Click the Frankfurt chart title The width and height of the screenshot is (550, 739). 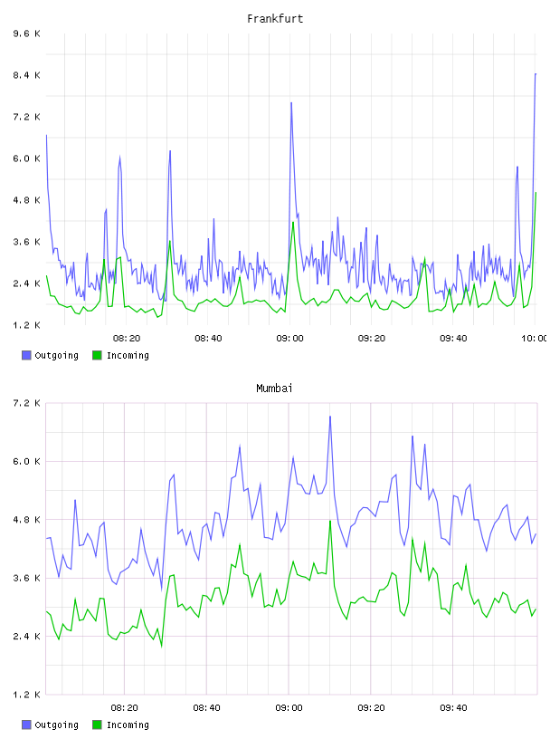[x=275, y=19]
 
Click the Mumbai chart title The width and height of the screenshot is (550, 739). [x=274, y=389]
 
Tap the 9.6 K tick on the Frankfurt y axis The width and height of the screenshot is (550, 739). [x=26, y=34]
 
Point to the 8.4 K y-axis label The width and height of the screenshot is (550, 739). [x=26, y=75]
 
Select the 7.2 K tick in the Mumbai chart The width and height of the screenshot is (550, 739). [x=26, y=403]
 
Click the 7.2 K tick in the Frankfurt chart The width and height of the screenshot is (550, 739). [x=26, y=117]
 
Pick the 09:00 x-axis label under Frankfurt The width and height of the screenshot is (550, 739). [x=289, y=339]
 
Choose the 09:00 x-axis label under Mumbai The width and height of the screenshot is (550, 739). [x=289, y=708]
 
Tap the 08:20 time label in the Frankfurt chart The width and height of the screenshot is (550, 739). [x=127, y=339]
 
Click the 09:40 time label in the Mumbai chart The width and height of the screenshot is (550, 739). [x=453, y=708]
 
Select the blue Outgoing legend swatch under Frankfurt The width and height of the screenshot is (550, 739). [x=26, y=355]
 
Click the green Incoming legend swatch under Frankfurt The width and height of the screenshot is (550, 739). [x=97, y=355]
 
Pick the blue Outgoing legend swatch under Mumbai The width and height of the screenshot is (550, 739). [x=26, y=725]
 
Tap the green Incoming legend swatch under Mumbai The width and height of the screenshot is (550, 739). [x=97, y=725]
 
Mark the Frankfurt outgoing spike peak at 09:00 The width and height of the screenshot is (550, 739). [x=291, y=102]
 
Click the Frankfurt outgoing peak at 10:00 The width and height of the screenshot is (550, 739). [x=536, y=74]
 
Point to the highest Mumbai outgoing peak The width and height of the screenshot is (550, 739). [x=330, y=417]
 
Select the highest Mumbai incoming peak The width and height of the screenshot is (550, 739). [x=330, y=522]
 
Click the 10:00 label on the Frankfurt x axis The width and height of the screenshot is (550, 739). [x=535, y=339]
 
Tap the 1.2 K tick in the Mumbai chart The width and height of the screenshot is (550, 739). [x=26, y=695]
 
